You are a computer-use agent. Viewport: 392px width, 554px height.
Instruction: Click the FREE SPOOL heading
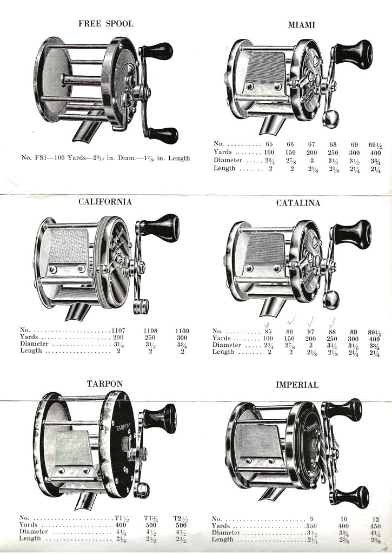(x=105, y=24)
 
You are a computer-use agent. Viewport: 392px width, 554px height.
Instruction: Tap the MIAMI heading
(x=301, y=25)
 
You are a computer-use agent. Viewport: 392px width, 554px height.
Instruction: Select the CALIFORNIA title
(x=105, y=202)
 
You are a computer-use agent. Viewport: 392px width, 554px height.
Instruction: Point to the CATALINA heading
(x=298, y=203)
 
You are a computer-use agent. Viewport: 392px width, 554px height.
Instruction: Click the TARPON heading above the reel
(x=104, y=384)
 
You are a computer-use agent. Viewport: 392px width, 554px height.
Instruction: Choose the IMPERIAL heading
(x=297, y=385)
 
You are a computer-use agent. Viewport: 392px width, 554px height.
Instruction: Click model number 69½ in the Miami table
(x=375, y=145)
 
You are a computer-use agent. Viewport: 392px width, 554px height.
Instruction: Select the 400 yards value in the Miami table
(x=375, y=153)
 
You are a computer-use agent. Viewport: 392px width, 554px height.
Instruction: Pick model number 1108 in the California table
(x=150, y=331)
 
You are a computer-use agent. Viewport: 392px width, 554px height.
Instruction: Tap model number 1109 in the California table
(x=182, y=331)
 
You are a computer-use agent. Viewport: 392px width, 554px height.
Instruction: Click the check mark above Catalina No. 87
(x=311, y=321)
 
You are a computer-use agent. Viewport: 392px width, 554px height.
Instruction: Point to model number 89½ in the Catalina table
(x=374, y=333)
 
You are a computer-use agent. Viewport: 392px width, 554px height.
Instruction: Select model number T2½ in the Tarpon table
(x=181, y=519)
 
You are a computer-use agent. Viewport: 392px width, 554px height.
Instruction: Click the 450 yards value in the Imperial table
(x=375, y=526)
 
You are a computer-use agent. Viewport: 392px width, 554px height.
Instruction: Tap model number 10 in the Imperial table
(x=344, y=519)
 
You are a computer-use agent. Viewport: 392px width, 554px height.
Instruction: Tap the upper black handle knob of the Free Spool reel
(x=158, y=50)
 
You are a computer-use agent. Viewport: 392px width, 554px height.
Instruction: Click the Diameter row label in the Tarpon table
(x=34, y=532)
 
